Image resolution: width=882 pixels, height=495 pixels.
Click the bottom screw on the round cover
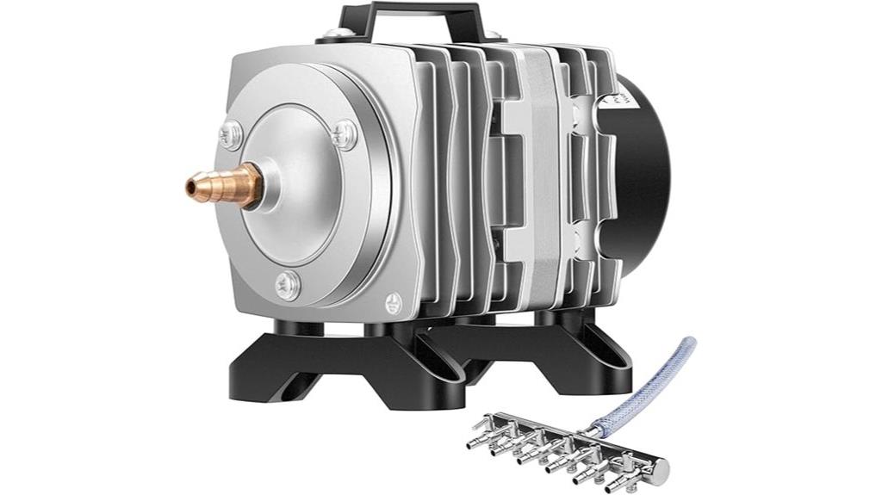coord(286,282)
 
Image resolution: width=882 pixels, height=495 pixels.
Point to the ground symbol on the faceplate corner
coord(394,301)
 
